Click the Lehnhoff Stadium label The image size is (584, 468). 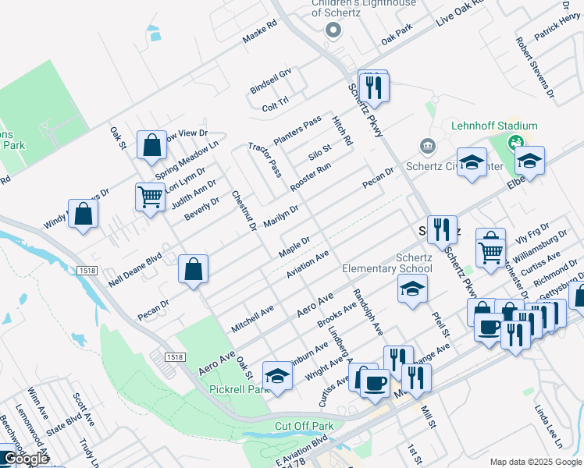[494, 126]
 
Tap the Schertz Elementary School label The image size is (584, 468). [387, 264]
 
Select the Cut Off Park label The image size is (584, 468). [304, 427]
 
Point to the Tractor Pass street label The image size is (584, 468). [265, 159]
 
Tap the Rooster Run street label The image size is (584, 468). [310, 178]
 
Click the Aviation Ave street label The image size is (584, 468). [308, 264]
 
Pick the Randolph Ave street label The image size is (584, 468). [368, 313]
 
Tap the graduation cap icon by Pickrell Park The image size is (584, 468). [277, 376]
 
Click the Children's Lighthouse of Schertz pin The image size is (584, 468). [333, 30]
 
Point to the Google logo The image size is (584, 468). [26, 459]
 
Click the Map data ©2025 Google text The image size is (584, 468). [535, 461]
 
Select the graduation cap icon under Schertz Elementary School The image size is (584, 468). [413, 289]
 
